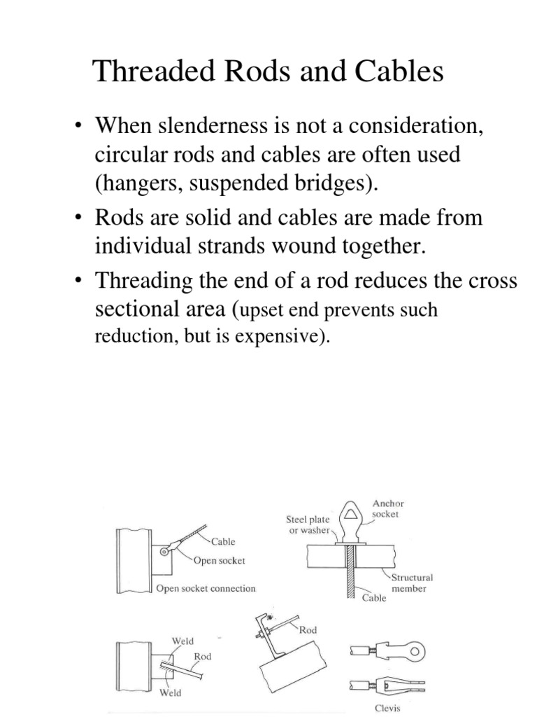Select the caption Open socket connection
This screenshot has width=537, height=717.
tap(206, 588)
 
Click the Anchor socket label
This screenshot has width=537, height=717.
tap(389, 509)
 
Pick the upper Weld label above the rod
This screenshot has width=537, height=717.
tap(182, 641)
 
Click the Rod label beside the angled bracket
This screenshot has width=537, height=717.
tap(308, 630)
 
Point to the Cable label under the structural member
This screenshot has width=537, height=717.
tap(374, 599)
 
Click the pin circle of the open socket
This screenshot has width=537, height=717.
tap(163, 552)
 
